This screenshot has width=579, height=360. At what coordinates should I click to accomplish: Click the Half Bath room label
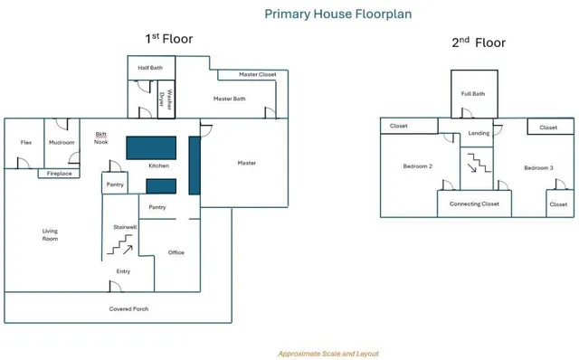coord(150,68)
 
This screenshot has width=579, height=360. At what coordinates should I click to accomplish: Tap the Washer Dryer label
coord(166,99)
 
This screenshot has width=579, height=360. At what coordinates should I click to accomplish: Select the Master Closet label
coord(257,74)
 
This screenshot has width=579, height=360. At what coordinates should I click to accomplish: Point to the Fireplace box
coord(59,173)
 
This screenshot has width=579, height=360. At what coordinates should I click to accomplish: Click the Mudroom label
coord(62,142)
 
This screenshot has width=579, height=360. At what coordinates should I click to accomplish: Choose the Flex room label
coord(26,142)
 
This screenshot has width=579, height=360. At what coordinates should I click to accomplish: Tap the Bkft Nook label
coord(100,138)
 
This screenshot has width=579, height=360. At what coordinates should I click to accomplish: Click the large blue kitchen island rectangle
coord(151,147)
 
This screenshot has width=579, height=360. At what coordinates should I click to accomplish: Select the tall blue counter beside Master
coord(195,166)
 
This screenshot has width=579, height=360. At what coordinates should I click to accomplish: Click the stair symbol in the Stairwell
coord(119,244)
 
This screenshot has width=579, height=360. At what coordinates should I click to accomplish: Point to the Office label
coord(176,252)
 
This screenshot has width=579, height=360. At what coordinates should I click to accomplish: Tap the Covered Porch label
coord(128,309)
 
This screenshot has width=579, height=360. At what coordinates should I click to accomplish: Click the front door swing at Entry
coord(116,287)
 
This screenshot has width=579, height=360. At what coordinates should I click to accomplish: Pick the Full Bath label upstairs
coord(473,94)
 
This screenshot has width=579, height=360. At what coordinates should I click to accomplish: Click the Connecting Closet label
coord(474,204)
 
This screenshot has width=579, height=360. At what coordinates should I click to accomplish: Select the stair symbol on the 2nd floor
coord(479,163)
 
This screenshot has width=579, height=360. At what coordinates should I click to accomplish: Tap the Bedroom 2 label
coord(418,166)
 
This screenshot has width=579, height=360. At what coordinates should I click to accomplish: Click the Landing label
coord(479,133)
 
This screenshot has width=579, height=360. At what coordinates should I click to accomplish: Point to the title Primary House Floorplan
coord(338,14)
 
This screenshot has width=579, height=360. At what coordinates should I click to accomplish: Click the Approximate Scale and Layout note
coord(328,354)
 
